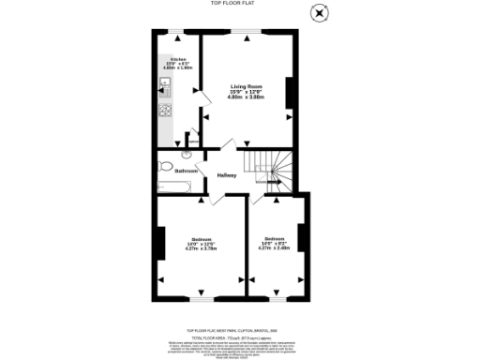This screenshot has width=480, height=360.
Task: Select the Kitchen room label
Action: (177, 59)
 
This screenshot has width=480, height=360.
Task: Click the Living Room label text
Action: (247, 87)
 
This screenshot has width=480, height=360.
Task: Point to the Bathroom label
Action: (186, 171)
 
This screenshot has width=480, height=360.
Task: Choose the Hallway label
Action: (227, 174)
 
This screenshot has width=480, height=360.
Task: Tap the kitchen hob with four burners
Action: (164, 110)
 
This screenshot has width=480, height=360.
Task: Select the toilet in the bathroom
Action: (166, 166)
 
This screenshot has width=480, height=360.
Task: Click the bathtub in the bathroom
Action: (178, 187)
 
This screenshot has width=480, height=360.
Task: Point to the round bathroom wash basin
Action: (187, 152)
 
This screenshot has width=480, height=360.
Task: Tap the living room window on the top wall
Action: (247, 33)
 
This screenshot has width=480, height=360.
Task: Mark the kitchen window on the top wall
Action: (176, 33)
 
